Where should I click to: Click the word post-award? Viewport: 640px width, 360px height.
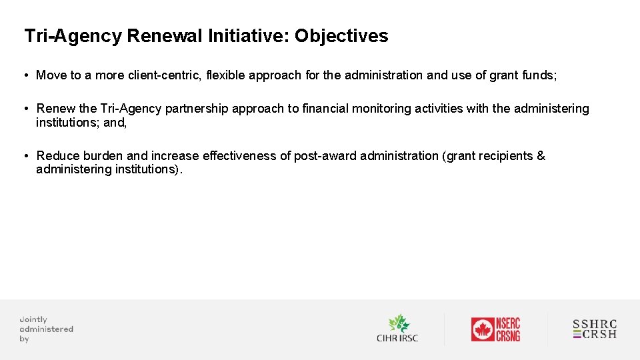(325, 156)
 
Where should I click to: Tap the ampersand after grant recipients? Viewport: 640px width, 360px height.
(541, 156)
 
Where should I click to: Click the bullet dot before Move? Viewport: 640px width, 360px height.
(25, 75)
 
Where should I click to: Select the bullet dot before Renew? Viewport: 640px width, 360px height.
(25, 109)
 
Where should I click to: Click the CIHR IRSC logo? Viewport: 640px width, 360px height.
(397, 329)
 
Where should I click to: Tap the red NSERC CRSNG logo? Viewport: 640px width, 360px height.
(495, 329)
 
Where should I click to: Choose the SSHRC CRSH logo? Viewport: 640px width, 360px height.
(595, 329)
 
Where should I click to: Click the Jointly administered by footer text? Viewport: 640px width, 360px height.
(46, 329)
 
